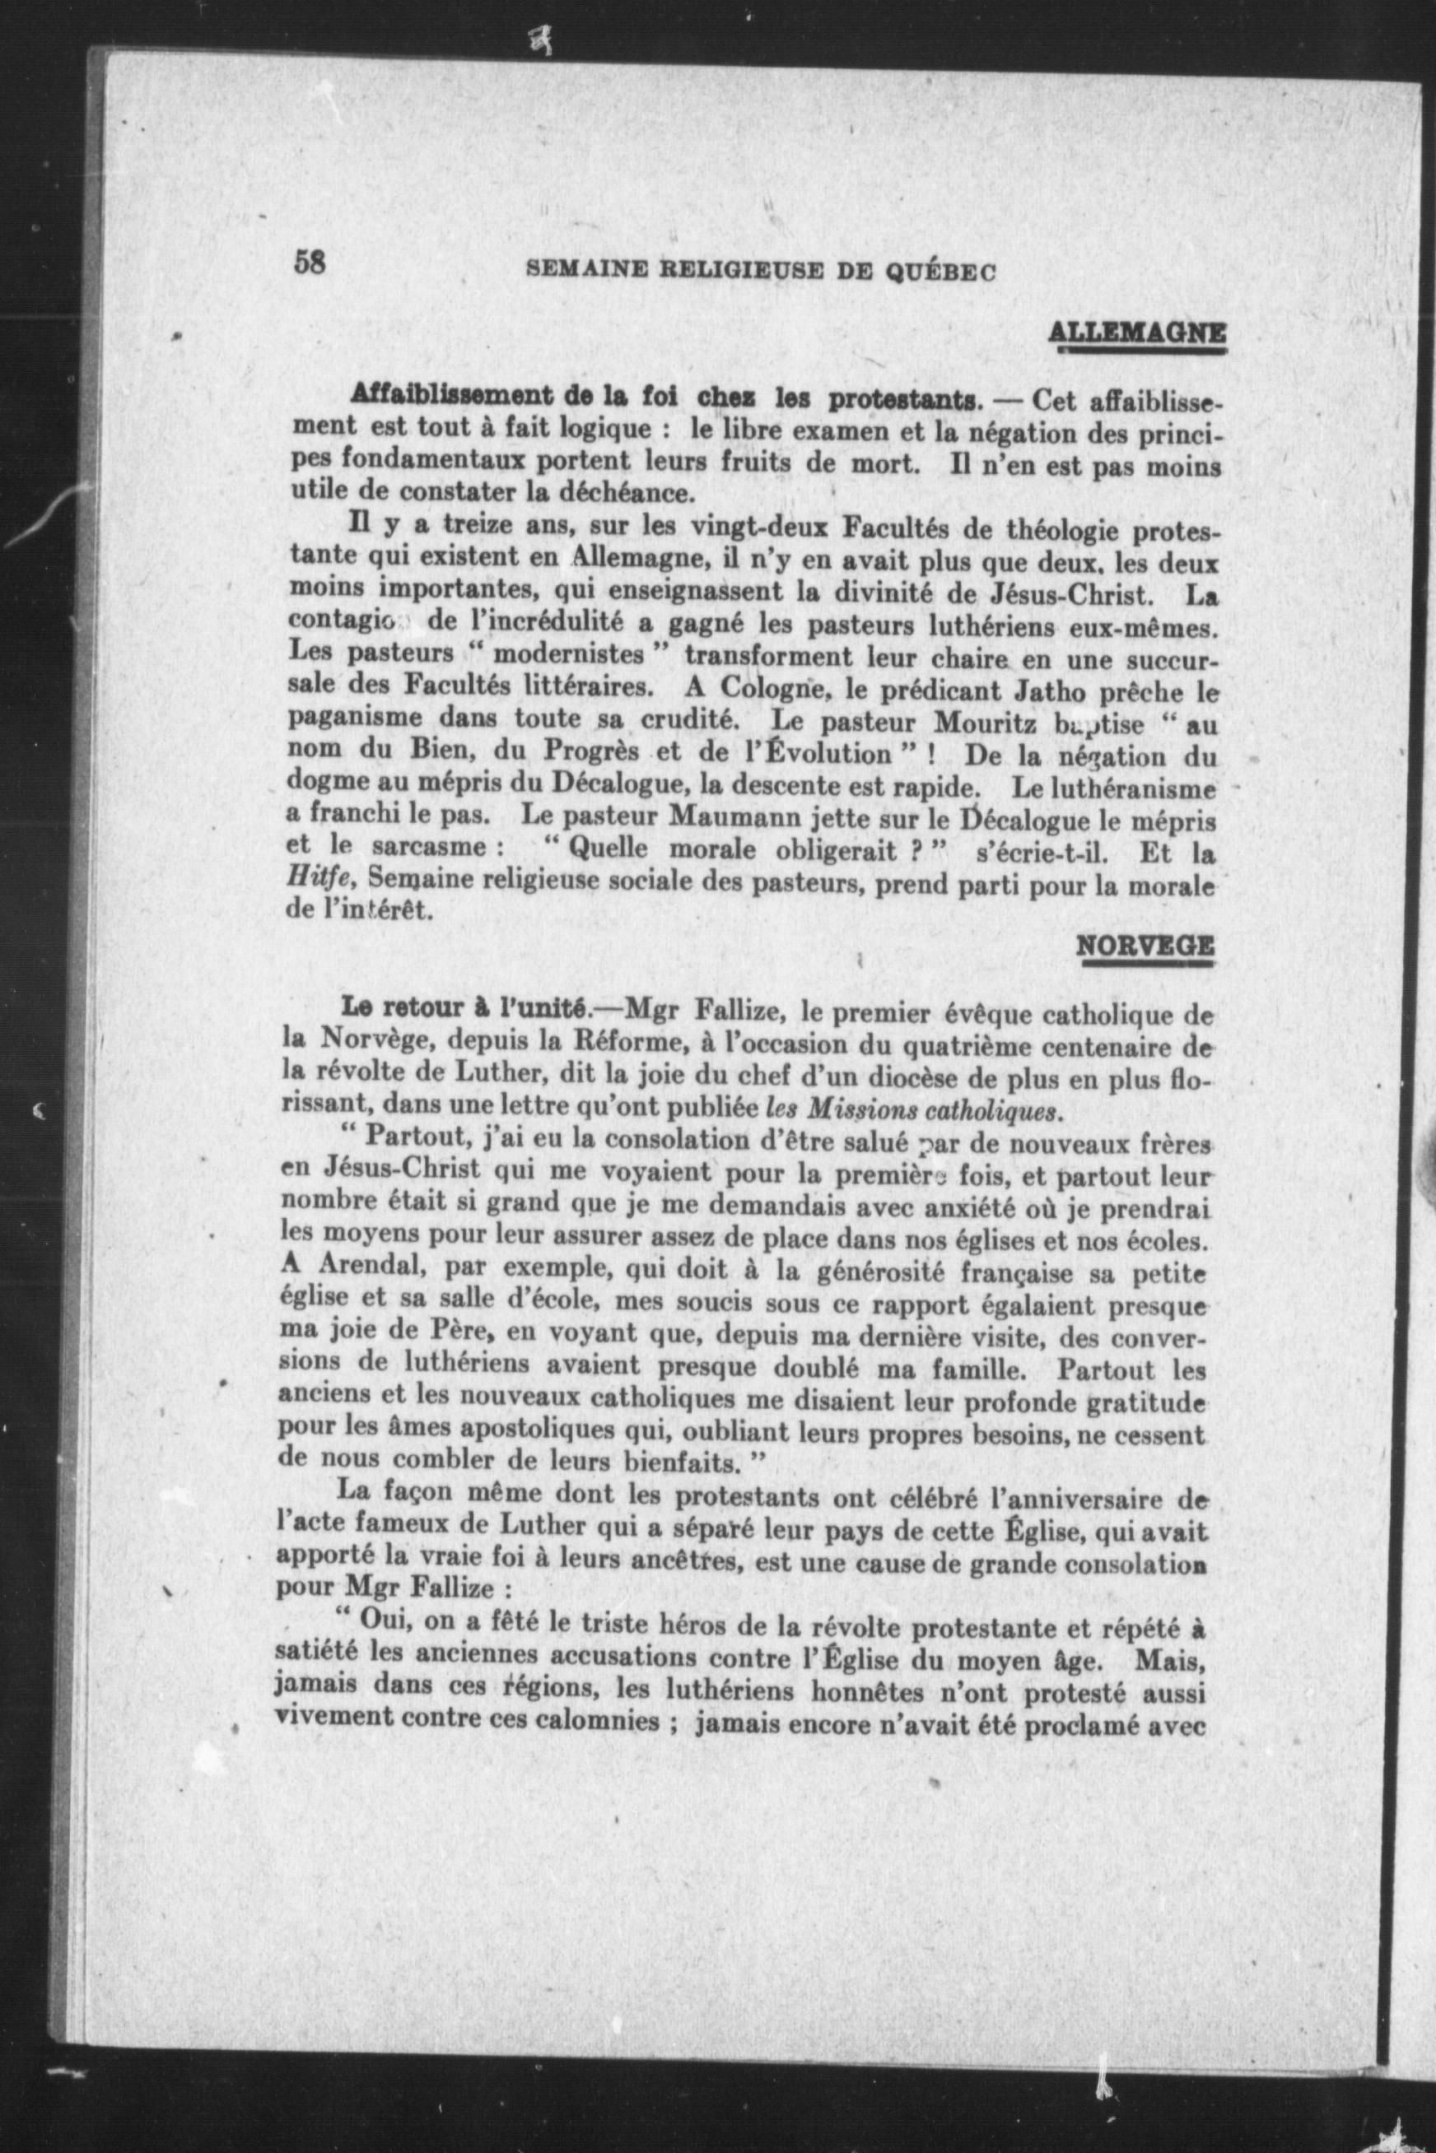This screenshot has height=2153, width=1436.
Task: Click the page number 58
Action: click(310, 263)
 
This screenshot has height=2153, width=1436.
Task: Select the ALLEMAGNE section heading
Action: click(1136, 333)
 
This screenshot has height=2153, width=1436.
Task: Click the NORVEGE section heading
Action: click(1145, 946)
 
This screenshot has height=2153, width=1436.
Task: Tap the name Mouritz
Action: click(989, 723)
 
